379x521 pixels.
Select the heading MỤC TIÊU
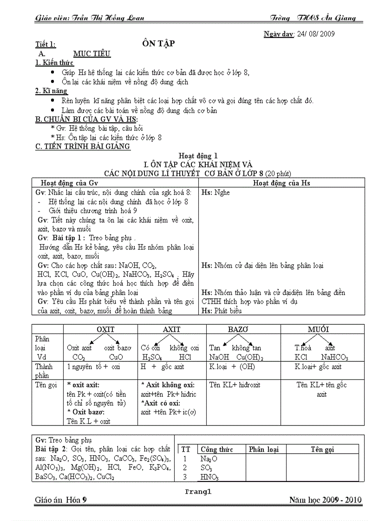[92, 54]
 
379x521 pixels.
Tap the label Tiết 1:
[46, 45]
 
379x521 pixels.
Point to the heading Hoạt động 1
[198, 156]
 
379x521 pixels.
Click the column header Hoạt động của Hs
[281, 183]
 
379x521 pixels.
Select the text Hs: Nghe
[216, 192]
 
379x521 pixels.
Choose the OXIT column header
[105, 329]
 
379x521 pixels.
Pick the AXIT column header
[171, 329]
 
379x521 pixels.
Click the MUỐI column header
[319, 329]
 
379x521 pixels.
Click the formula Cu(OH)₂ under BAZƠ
[250, 358]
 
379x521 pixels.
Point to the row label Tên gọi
[46, 385]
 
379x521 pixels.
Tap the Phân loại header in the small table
[263, 449]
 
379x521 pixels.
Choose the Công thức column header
[216, 449]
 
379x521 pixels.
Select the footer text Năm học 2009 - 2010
[325, 500]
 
